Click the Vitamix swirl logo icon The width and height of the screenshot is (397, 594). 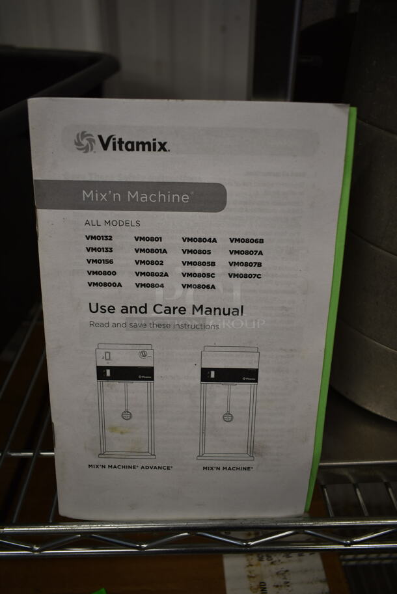click(x=85, y=141)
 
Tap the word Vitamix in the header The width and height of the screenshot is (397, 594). click(x=133, y=143)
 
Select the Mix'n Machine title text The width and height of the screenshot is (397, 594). click(x=135, y=196)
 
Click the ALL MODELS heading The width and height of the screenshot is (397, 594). click(x=112, y=223)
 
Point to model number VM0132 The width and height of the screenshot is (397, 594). click(x=99, y=238)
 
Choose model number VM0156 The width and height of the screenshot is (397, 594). click(x=100, y=262)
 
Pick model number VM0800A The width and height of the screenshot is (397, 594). click(x=104, y=284)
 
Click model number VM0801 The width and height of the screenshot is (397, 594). click(x=148, y=239)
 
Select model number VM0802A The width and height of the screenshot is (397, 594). click(x=152, y=274)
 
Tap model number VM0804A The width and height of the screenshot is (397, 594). click(x=199, y=240)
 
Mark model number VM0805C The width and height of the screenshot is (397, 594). click(x=198, y=275)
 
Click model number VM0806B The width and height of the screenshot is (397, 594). click(x=246, y=241)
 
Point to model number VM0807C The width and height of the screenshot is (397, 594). click(x=245, y=275)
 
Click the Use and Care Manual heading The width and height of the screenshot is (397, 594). click(x=166, y=310)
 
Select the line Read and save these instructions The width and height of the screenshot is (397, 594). click(x=154, y=325)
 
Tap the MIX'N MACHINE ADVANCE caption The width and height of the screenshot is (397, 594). click(x=130, y=467)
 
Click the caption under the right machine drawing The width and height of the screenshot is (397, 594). click(x=227, y=468)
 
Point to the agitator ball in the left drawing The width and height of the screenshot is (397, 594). click(x=126, y=415)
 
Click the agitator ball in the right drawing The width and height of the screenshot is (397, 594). click(x=228, y=417)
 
